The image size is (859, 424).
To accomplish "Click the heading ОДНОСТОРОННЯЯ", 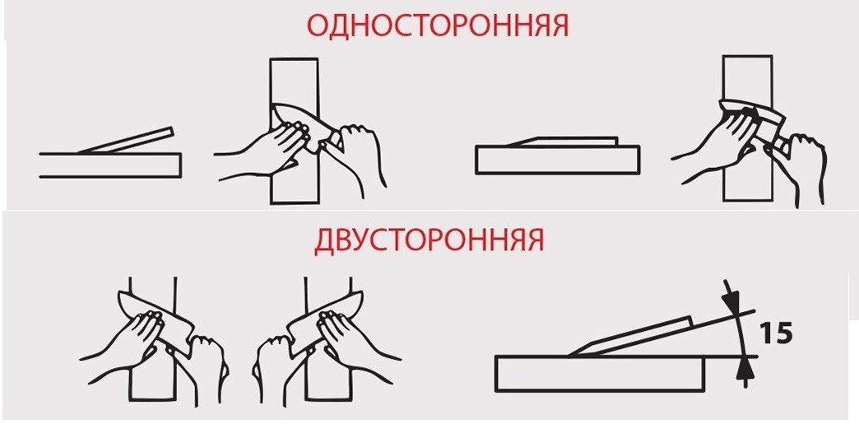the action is pos(438,26).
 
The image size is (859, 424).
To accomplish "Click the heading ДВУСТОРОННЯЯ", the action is pos(429,240).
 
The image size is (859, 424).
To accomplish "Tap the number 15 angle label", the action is pos(777,333).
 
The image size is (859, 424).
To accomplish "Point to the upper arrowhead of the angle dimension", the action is pos(732,298).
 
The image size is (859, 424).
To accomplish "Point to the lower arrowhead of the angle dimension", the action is pos(743,370).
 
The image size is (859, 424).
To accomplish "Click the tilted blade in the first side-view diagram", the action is pos(126,141).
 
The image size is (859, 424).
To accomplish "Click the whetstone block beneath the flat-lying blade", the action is pos(558,160).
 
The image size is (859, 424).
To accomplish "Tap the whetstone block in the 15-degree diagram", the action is pos(601,374).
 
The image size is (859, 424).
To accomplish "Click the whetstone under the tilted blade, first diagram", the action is pos(110,165).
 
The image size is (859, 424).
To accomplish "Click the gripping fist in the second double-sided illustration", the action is pos(273,359).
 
